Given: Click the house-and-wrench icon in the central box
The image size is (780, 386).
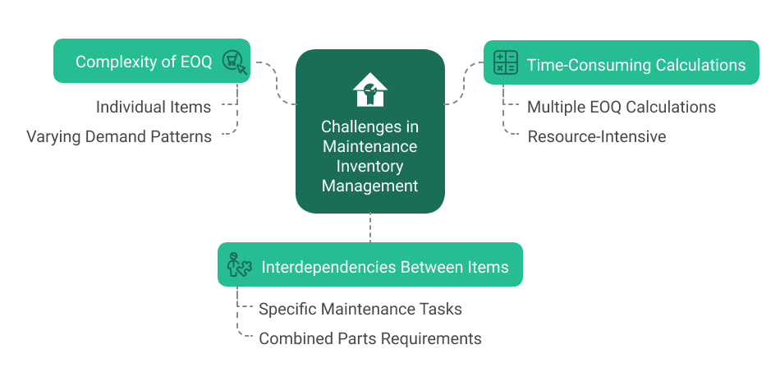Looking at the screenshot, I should pos(369,90).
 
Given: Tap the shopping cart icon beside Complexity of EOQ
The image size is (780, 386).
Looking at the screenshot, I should pos(234,62).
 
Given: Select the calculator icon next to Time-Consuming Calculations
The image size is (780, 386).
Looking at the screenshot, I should pos(506,62).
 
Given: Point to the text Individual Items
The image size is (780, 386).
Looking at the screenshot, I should pos(154,107).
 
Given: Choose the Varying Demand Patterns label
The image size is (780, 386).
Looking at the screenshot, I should pos(119,136).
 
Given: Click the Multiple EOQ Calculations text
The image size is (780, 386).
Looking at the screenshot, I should pos(622,107).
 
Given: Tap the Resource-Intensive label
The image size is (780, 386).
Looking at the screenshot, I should pos(596,136).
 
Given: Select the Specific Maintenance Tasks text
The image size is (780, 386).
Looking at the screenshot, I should pos(360,309).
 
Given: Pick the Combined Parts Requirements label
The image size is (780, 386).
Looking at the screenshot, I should pos(370,338).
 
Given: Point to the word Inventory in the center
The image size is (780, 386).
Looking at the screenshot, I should pos(369,166).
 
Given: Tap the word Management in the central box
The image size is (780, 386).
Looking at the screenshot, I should pos(369,186).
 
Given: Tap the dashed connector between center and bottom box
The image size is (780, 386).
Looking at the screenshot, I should pos(370,227).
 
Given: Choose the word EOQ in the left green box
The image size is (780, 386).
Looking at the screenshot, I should pos(195,62).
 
